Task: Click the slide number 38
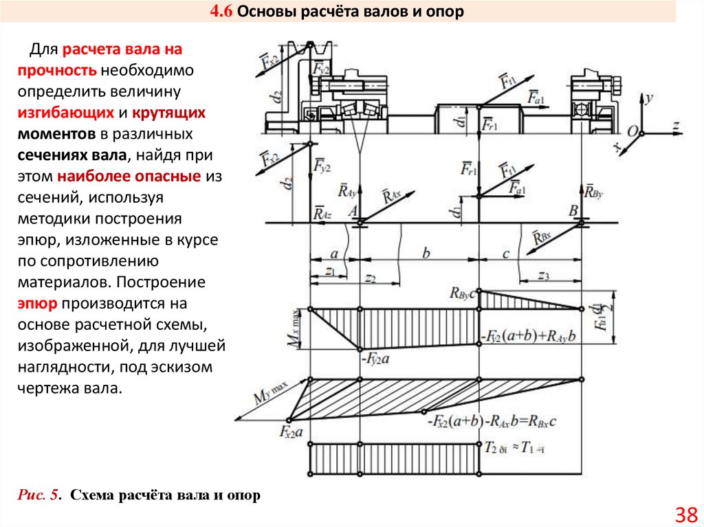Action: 686,513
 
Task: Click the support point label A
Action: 353,212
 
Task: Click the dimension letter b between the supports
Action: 426,254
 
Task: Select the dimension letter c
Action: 505,254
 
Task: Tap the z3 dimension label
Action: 543,276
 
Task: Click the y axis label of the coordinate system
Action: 648,98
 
